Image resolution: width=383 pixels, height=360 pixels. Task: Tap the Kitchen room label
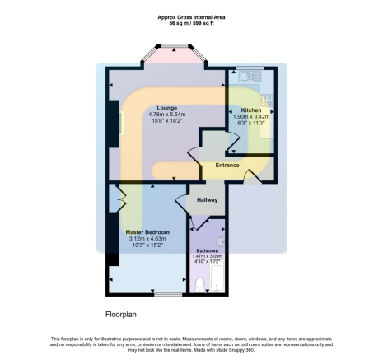(x=250, y=110)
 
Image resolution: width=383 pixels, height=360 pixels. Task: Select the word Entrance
(x=227, y=166)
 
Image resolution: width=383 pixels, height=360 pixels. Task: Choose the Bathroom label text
(x=207, y=250)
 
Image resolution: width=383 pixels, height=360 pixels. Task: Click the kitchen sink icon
(x=247, y=78)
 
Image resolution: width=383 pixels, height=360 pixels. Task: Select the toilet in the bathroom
(x=200, y=285)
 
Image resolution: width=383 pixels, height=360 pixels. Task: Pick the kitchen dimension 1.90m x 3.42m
(x=250, y=117)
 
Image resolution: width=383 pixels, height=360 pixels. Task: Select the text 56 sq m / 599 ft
(x=190, y=24)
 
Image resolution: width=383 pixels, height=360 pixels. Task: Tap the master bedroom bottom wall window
(x=169, y=294)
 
